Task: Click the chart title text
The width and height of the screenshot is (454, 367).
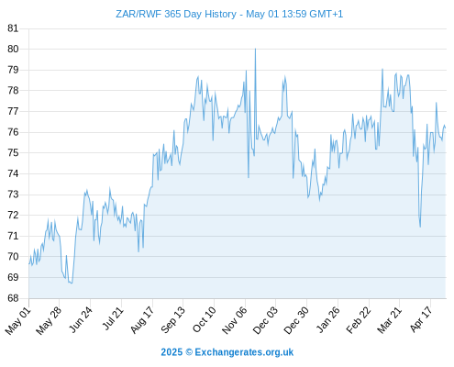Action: click(x=229, y=14)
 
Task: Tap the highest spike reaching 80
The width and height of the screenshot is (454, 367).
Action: click(x=255, y=49)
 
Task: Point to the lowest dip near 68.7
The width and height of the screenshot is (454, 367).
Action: click(x=72, y=284)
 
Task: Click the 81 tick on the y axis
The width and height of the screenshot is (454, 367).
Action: click(x=13, y=28)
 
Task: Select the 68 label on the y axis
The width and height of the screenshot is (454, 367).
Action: click(x=13, y=298)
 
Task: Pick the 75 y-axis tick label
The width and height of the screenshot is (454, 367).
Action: click(x=13, y=153)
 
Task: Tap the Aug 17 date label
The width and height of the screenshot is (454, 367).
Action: click(x=142, y=320)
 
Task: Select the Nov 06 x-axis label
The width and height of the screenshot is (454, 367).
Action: click(x=235, y=320)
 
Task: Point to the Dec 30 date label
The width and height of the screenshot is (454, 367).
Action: click(x=296, y=320)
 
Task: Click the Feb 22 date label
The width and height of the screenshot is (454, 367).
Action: click(x=359, y=320)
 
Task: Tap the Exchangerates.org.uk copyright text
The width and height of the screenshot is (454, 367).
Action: click(x=227, y=352)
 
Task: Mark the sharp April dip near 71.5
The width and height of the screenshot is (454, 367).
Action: click(x=420, y=227)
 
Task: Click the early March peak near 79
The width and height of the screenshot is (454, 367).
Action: click(x=382, y=69)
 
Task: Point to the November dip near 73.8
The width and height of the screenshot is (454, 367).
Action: click(x=249, y=177)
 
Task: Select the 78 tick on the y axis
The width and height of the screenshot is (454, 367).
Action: click(x=13, y=91)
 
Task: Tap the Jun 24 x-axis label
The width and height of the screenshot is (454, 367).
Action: click(x=81, y=320)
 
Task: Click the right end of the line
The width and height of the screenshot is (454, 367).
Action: click(x=446, y=128)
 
